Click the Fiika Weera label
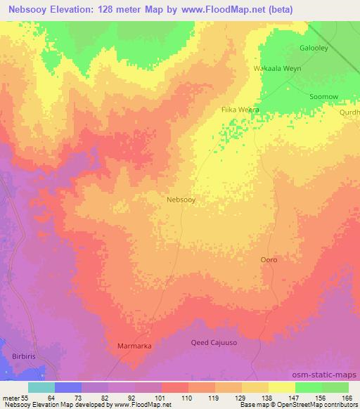[240, 110]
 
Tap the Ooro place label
[269, 260]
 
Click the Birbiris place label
[27, 357]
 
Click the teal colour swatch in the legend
[41, 387]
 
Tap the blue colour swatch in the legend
[68, 387]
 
